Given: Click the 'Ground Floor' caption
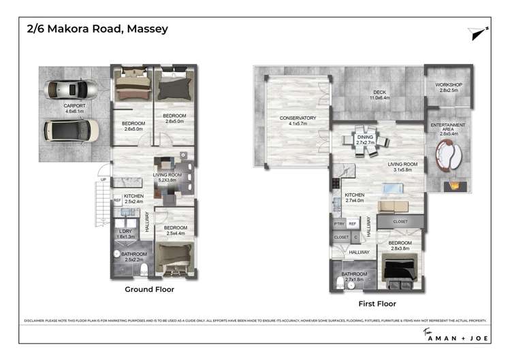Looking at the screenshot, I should pyautogui.click(x=149, y=289).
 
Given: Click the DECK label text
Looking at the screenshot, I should pyautogui.click(x=379, y=94).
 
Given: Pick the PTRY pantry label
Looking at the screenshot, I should pyautogui.click(x=339, y=223).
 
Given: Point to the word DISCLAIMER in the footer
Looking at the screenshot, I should pyautogui.click(x=34, y=318).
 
